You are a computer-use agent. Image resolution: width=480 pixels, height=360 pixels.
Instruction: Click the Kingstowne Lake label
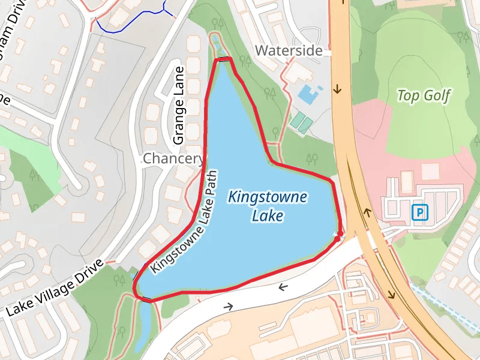(x=268, y=206)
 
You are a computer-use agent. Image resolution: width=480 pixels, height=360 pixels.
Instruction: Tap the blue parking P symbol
(x=420, y=212)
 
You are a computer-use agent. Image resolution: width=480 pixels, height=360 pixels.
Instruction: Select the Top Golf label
(x=424, y=95)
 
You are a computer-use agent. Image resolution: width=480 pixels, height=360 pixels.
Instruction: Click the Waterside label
(x=289, y=50)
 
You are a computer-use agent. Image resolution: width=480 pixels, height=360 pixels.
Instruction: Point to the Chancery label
(x=173, y=158)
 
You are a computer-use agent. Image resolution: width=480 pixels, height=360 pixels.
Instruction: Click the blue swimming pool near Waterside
(x=308, y=92)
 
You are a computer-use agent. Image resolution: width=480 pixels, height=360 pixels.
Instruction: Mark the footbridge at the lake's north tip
(x=224, y=59)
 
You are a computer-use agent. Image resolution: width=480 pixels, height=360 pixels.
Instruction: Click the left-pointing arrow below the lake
(x=283, y=287)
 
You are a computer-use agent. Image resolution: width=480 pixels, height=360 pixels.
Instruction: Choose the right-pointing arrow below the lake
(x=228, y=306)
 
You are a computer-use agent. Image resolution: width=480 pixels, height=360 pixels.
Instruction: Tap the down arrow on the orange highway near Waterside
(x=337, y=89)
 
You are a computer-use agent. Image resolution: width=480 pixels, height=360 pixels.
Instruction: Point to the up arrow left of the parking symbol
(x=367, y=212)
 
